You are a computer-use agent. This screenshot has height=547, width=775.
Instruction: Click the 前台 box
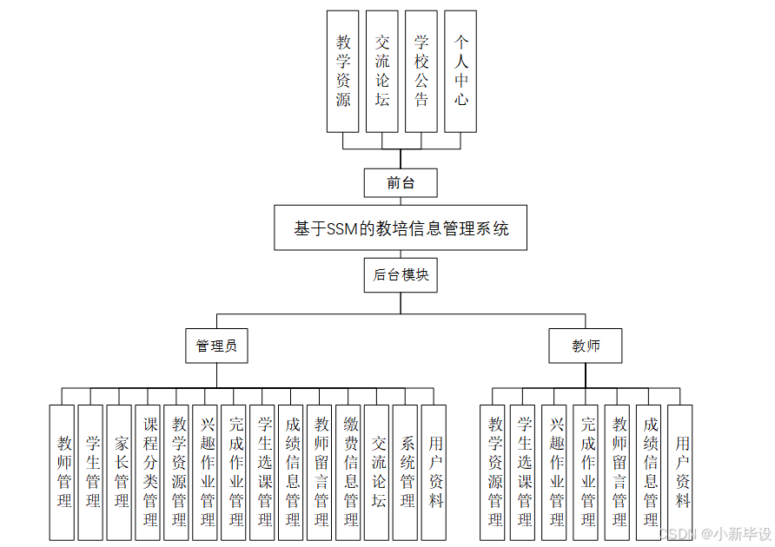point(401,183)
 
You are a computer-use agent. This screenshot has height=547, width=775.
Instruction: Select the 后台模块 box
point(401,275)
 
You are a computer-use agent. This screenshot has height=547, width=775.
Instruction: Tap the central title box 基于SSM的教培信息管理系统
point(401,229)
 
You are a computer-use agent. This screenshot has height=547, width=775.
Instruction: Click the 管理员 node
point(216,346)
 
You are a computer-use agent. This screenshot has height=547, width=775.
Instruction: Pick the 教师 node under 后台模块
point(586,346)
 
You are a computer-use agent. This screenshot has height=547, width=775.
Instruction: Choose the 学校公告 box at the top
point(421,71)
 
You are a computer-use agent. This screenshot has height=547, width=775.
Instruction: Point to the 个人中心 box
point(460,71)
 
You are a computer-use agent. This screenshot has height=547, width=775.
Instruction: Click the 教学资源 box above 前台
point(343,71)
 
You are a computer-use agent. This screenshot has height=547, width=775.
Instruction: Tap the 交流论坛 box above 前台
point(382,71)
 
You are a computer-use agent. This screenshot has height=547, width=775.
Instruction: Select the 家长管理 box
point(121,472)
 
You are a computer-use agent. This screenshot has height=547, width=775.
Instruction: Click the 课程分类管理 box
point(149,472)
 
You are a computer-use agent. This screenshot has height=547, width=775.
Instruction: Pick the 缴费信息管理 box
point(350,472)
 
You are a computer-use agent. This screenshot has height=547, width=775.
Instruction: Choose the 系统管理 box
point(407,472)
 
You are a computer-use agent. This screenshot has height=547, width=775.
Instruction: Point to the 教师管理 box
point(63,472)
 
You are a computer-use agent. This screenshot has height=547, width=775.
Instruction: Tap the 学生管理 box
point(92,472)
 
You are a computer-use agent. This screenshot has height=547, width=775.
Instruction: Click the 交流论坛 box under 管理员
point(378,472)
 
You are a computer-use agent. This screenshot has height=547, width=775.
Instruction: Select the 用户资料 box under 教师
point(681,472)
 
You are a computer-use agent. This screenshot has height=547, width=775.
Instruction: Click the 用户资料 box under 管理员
point(434,472)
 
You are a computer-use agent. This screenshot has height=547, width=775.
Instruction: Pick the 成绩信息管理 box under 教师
point(650,472)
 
